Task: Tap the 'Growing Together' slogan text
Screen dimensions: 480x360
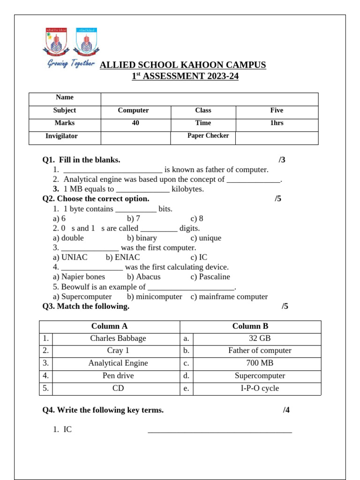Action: point(70,64)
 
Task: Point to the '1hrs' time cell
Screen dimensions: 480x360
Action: point(277,123)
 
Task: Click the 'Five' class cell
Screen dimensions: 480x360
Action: point(277,111)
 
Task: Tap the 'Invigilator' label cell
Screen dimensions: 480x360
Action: point(61,136)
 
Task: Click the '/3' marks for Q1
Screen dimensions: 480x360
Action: point(282,160)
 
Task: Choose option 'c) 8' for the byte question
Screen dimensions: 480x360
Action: point(197,218)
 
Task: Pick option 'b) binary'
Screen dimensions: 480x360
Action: point(142,238)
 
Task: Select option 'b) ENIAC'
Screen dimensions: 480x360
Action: point(123,258)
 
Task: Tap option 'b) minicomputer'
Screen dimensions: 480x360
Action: point(154,297)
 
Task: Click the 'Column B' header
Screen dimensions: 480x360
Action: point(250,327)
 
